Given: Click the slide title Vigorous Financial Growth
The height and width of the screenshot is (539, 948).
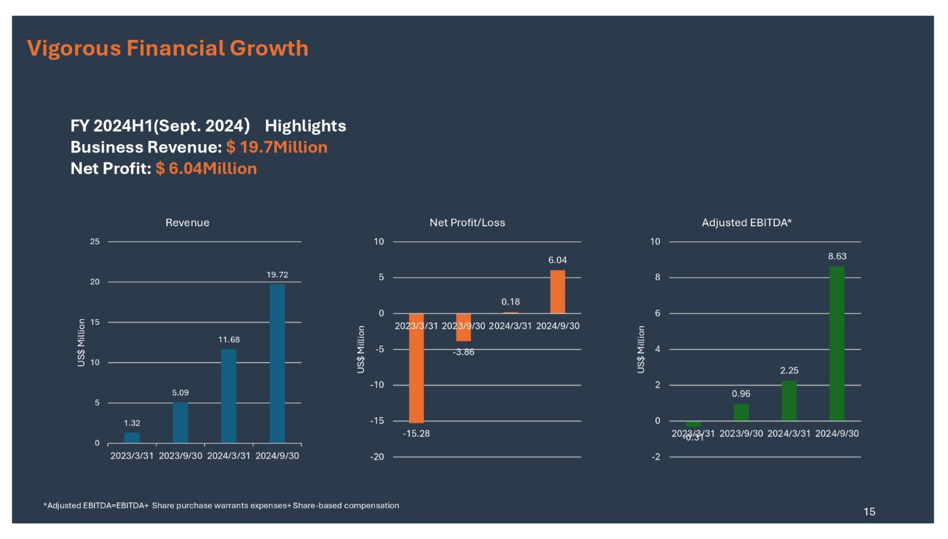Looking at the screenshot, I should coord(167,49).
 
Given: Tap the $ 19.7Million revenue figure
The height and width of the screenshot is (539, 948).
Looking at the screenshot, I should coord(277,147).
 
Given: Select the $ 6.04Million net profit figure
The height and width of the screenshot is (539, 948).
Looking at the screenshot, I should coord(206,169).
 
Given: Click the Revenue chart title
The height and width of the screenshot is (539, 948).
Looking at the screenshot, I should coord(187,222).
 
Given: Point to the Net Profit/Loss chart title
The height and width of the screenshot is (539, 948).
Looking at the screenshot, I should coord(467,222).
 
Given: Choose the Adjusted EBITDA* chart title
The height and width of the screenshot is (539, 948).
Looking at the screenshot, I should coord(746,222).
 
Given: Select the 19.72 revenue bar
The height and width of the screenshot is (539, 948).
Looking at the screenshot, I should coord(277,363).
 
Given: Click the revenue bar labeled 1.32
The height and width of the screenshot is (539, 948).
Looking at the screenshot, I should coord(132,437).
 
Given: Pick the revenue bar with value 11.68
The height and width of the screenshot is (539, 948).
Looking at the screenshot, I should coord(229,396).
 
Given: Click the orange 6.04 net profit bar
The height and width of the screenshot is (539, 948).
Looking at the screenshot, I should coord(557,292).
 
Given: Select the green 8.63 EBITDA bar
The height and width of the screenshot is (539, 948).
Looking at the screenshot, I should coord(837,343).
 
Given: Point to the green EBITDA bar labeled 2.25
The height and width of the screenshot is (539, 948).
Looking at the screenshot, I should coord(789,401).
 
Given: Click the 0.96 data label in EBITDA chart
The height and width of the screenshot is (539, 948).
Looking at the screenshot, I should coord(741,394).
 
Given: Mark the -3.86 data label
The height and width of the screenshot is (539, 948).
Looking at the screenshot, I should coord(463,352).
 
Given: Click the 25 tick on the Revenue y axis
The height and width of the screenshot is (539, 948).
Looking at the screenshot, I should coord(95,241).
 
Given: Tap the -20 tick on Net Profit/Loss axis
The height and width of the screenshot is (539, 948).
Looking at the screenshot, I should coord(377,457).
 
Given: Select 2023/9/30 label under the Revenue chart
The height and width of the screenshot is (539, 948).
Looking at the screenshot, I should coord(180,456).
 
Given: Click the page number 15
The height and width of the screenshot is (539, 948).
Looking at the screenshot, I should coord(869,512).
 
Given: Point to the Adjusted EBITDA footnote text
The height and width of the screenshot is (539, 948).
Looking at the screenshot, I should coord(221,506).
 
